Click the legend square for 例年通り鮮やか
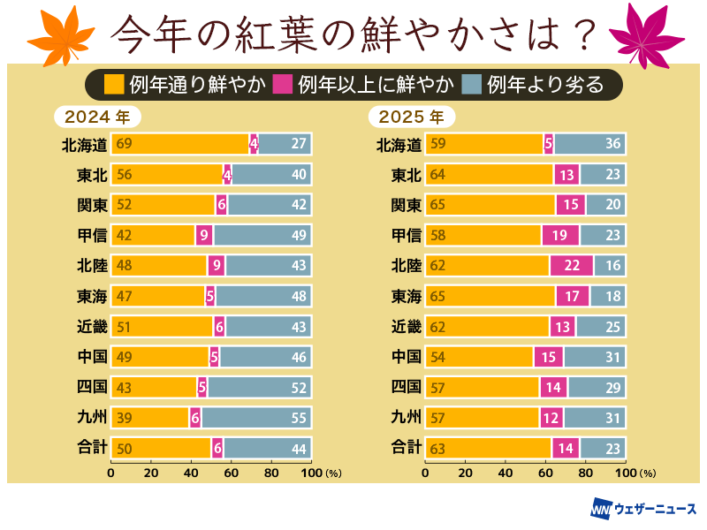[x=114, y=85]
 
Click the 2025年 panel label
[x=412, y=116]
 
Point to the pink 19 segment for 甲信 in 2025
[x=560, y=235]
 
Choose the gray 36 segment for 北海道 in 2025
[x=589, y=144]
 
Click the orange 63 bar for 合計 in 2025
[x=489, y=448]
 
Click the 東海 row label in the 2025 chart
[x=406, y=296]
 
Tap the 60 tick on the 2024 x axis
[x=231, y=473]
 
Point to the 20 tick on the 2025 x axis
[x=466, y=473]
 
